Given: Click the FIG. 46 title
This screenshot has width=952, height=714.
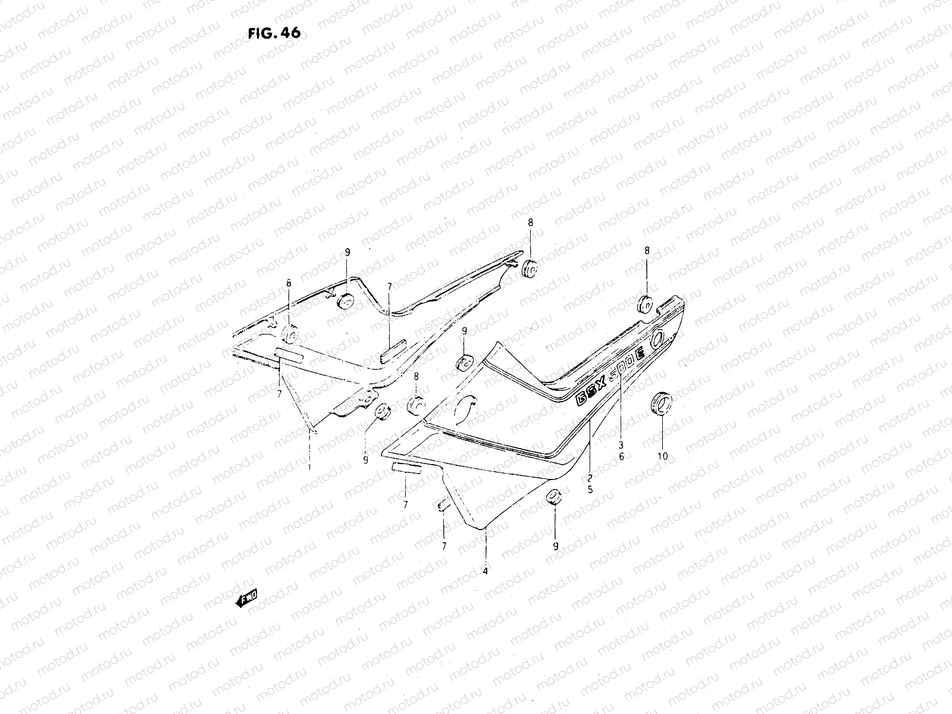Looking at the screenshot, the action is tap(274, 33).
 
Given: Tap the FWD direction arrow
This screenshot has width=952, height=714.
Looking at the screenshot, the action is tap(246, 597).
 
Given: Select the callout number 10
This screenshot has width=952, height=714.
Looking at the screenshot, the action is tap(662, 456).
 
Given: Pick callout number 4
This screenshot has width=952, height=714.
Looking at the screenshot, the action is tap(486, 571).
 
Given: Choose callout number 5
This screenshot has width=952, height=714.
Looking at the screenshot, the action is tap(590, 490).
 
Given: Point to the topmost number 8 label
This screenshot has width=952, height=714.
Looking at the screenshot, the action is tap(530, 222).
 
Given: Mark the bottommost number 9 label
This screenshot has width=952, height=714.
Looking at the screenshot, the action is tap(555, 546).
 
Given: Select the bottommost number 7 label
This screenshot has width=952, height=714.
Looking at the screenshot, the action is tap(444, 546).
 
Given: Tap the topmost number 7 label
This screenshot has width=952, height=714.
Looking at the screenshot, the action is tap(389, 287).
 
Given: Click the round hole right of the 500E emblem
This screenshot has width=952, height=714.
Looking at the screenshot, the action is tap(659, 339).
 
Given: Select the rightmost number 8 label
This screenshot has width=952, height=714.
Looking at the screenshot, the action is tap(646, 251).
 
